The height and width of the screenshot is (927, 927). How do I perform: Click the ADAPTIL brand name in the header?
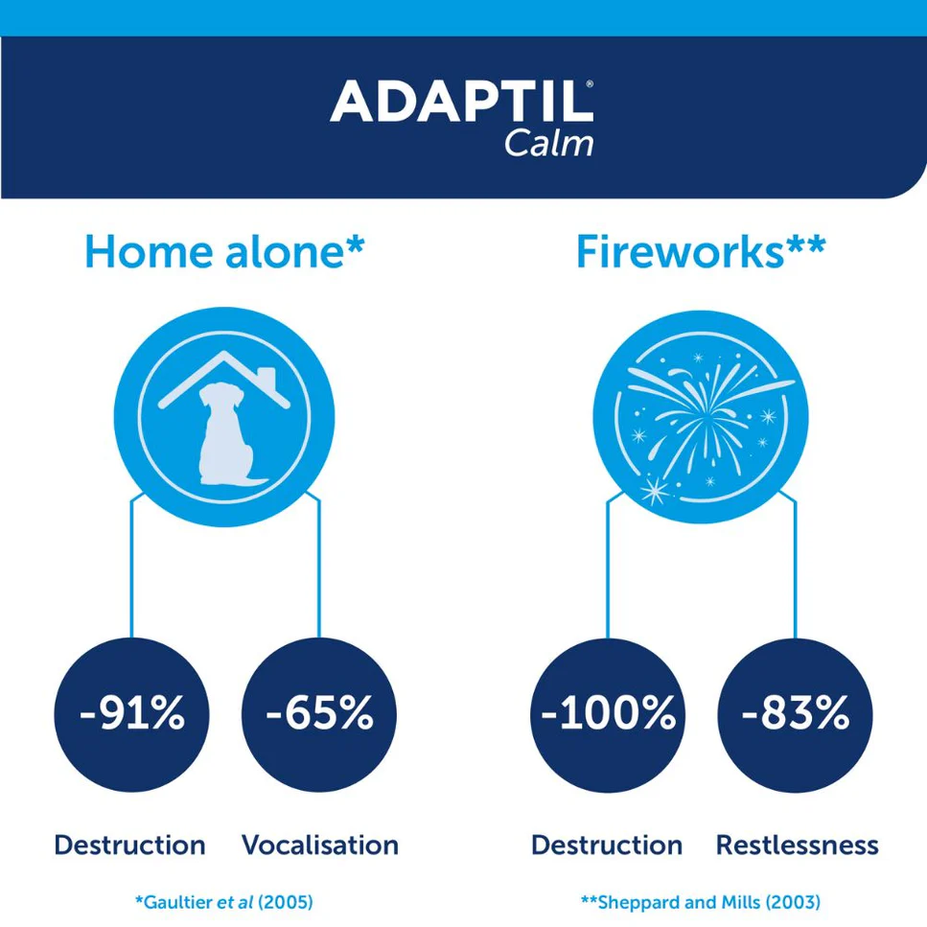tap(461, 101)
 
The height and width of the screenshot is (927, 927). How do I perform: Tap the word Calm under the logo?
tap(548, 143)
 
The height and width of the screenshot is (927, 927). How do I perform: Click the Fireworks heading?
tap(701, 251)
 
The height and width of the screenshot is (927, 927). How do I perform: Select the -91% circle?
tap(131, 714)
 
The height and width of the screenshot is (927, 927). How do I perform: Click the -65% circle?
tap(319, 714)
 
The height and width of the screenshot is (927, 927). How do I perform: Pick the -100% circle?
tap(607, 714)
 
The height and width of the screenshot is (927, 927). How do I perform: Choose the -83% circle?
tap(796, 714)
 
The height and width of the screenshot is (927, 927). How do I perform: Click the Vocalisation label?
tap(319, 845)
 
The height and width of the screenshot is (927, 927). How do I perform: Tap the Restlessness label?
tap(797, 845)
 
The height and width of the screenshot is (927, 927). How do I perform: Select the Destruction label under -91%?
tap(129, 845)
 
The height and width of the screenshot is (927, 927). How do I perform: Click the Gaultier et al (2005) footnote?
tap(224, 901)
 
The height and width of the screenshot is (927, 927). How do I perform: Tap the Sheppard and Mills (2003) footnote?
tap(701, 901)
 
